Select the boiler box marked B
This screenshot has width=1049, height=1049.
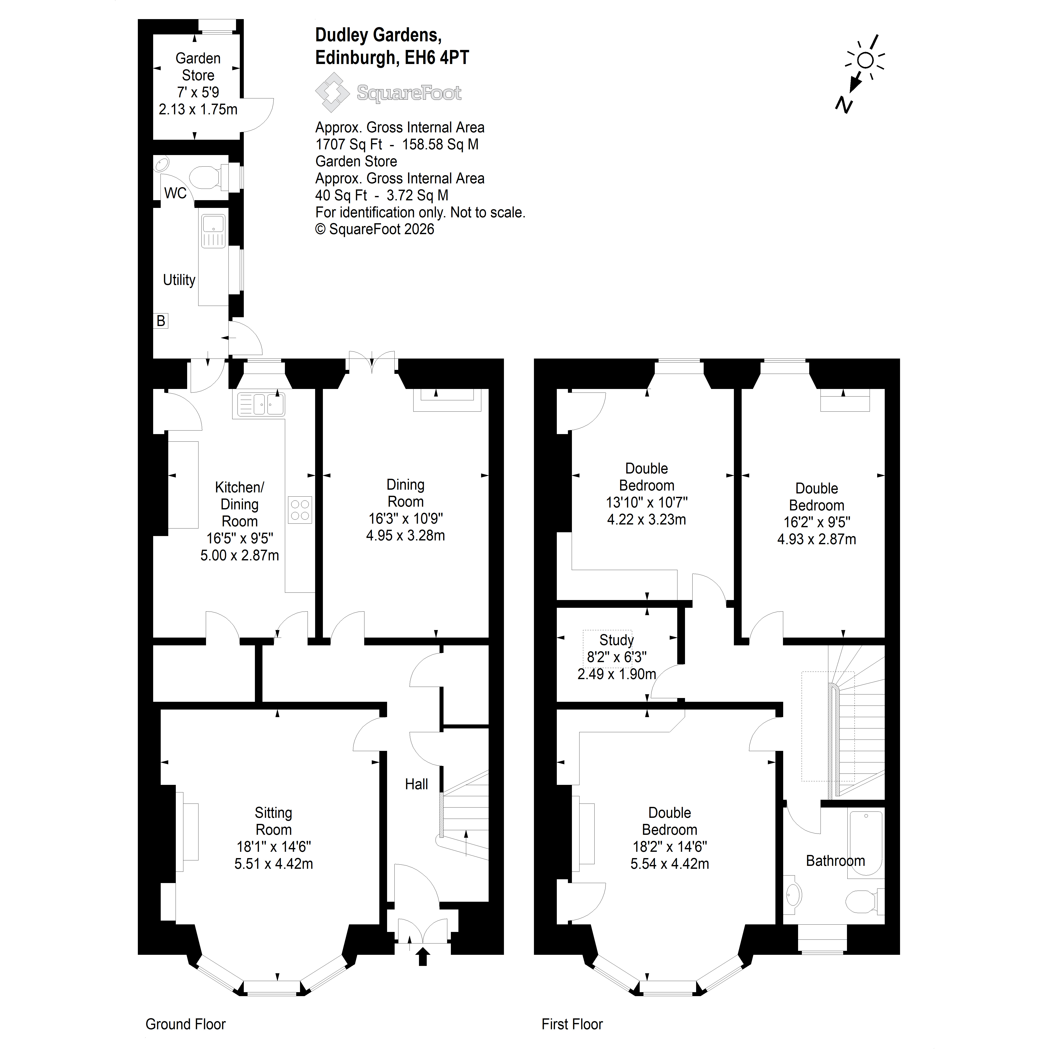(161, 321)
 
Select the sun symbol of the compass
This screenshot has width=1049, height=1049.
(865, 60)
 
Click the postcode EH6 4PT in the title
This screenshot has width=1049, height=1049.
(437, 57)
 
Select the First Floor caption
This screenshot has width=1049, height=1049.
(572, 1024)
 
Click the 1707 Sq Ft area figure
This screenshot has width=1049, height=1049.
(348, 144)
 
